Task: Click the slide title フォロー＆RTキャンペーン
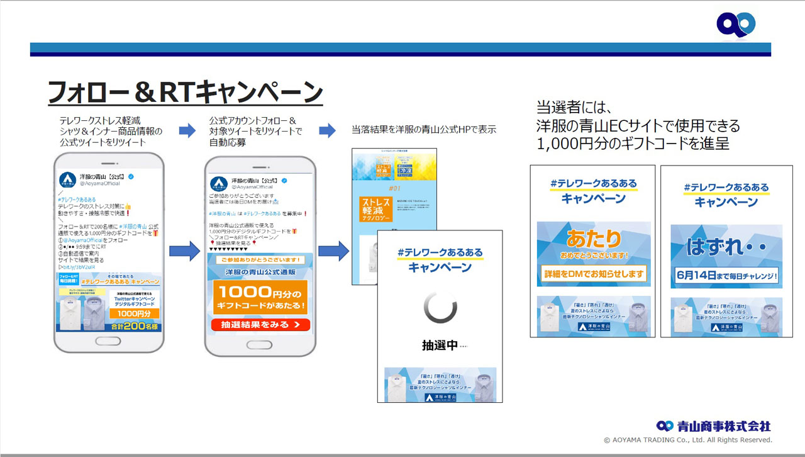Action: pos(186,93)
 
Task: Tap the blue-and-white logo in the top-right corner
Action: pos(736,25)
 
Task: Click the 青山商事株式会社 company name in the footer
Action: pos(723,426)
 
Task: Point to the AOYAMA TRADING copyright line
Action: pos(687,440)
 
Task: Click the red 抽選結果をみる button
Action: pos(260,325)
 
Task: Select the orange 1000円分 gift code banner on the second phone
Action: pos(260,297)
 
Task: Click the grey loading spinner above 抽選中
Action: pos(440,307)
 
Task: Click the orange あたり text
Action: pos(594,239)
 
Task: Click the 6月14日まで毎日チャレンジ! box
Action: pos(726,275)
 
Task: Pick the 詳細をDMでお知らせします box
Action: pos(594,274)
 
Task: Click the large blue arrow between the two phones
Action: pos(184,251)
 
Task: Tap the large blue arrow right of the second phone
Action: pos(333,251)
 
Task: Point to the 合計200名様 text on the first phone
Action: pos(133,327)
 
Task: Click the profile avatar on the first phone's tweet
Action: pos(68,179)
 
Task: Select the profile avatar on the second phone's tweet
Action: pos(219,183)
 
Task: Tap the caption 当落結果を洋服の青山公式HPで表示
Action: pos(424,130)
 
